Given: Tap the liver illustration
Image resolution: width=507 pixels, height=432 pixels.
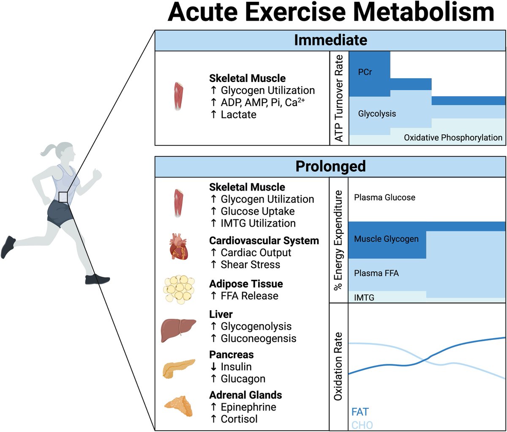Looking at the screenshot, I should tap(178, 330).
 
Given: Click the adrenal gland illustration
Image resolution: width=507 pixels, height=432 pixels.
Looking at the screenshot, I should tap(178, 406).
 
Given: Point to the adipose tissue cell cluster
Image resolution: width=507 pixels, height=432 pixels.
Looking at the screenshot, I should tap(179, 290).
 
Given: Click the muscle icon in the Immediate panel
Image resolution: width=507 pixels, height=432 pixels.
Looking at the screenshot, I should tap(179, 96).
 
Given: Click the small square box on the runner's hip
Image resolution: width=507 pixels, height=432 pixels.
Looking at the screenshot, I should tap(63, 197).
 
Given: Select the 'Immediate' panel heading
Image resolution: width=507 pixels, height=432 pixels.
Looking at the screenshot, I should tap(330, 40).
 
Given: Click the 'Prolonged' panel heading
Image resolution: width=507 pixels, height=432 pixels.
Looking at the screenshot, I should tap(330, 167).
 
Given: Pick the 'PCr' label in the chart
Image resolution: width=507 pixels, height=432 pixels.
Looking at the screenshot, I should tap(365, 72).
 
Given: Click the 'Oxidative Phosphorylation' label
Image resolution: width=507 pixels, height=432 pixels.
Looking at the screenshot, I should tap(453, 138).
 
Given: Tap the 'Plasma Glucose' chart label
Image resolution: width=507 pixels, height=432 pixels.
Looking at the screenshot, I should tap(384, 197).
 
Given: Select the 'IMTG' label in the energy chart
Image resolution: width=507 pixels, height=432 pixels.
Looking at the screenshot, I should tap(364, 298).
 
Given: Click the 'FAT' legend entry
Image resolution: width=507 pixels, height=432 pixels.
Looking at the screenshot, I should tap(360, 412).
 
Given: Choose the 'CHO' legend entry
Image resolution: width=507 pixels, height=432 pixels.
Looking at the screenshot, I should tap(362, 425).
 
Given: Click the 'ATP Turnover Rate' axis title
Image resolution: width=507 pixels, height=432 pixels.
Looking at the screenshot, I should tap(339, 98).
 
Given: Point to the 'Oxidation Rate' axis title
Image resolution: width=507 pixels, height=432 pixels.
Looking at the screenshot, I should tap(338, 366).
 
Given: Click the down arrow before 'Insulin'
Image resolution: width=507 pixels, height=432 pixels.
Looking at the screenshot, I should tap(213, 367).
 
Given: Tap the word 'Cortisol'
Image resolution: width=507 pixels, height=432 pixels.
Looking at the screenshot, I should tap(239, 419).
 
